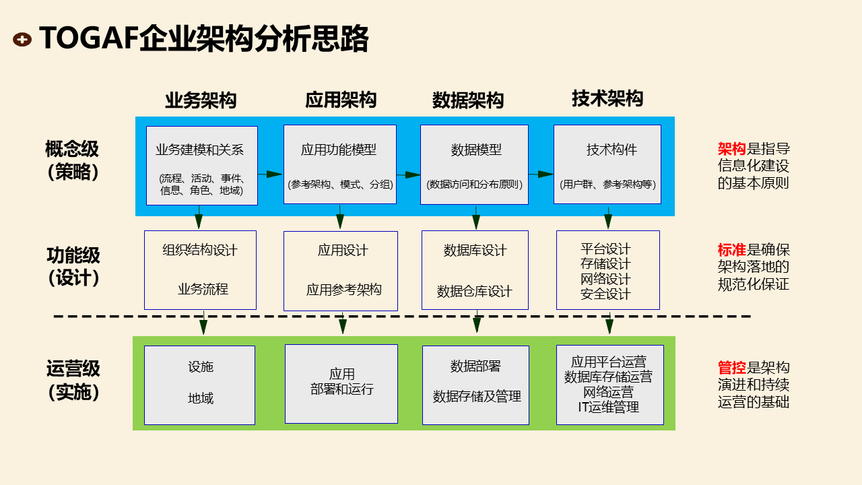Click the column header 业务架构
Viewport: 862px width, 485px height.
click(201, 100)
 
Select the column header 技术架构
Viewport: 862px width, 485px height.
click(607, 98)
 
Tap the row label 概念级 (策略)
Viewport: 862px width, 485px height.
click(73, 160)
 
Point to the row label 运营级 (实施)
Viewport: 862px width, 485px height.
click(73, 380)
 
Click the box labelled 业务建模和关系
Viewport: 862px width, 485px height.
click(201, 165)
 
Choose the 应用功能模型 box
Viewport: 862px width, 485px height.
click(339, 164)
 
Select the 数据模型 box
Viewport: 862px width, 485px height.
click(474, 164)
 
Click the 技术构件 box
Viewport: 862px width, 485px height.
click(607, 164)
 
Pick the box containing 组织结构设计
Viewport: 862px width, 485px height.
click(200, 269)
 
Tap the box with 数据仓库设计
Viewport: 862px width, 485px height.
click(474, 269)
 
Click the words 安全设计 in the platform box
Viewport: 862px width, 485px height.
click(605, 294)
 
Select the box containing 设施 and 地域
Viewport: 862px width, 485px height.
click(199, 385)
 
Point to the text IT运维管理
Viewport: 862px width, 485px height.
click(608, 407)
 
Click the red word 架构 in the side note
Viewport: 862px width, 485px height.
click(731, 149)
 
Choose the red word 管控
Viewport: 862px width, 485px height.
click(731, 368)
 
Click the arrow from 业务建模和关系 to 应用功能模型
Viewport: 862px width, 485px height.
click(270, 174)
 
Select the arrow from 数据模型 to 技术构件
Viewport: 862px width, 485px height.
click(541, 174)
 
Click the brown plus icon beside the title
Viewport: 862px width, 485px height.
click(22, 40)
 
